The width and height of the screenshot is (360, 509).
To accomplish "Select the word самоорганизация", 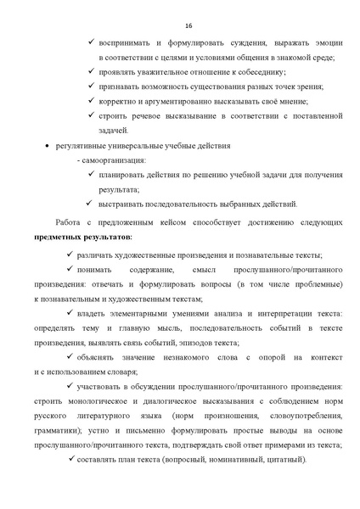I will pyautogui.click(x=115, y=159).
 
